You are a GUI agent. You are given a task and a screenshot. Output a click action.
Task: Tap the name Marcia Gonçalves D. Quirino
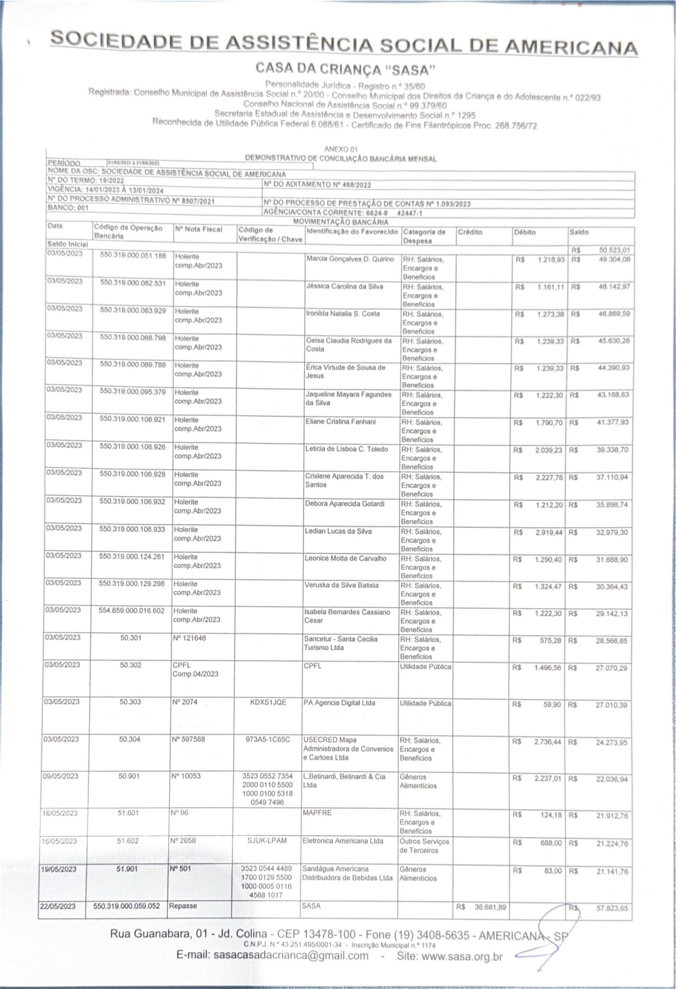350,259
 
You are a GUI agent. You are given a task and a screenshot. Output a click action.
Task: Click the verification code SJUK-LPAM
267,840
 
